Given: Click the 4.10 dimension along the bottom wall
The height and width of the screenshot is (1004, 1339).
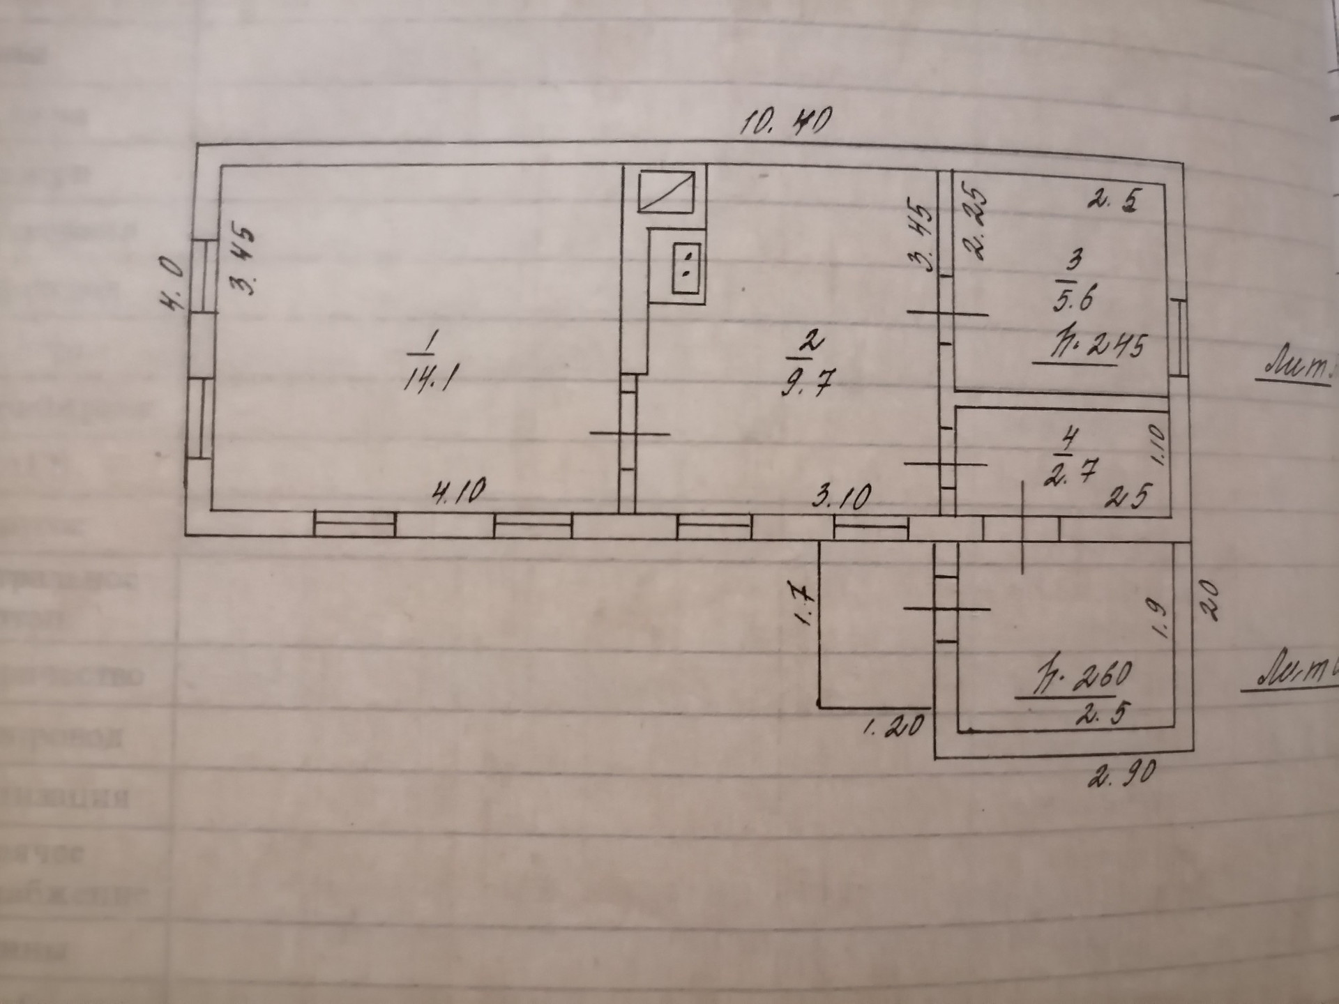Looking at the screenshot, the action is pos(459,493).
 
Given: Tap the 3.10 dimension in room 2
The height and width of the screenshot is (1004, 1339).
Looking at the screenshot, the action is pos(842,497).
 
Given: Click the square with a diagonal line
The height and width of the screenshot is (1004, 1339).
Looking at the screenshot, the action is pos(667,191).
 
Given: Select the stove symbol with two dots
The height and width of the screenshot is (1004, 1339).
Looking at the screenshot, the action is pos(686,268).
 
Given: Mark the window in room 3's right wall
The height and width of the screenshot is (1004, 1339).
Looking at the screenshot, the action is pos(1179,337).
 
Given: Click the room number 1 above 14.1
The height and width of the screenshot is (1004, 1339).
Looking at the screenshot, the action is pos(431,341).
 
